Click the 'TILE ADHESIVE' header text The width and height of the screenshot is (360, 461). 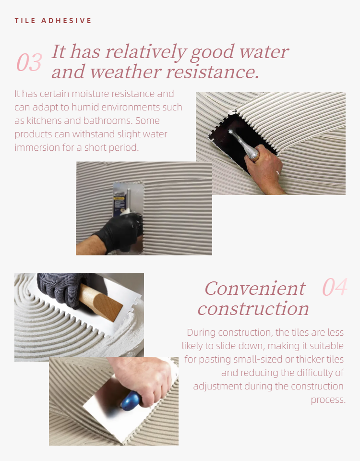53,21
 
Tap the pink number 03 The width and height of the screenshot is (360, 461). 29,62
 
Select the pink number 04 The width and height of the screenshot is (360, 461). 335,287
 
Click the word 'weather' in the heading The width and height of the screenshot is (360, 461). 125,72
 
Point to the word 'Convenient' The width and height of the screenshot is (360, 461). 255,288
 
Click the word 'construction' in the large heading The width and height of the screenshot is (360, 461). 253,309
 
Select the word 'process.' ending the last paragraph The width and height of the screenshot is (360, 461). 328,400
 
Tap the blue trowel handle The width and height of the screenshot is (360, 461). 131,400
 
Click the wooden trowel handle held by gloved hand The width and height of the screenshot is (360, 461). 100,303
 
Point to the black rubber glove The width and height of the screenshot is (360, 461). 119,231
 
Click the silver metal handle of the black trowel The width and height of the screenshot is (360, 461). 244,145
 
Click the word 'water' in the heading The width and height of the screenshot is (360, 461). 264,52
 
